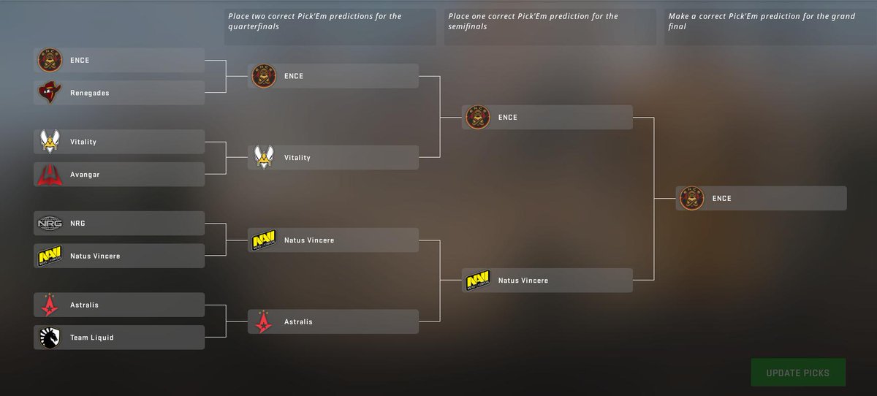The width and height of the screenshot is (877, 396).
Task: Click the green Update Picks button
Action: click(798, 372)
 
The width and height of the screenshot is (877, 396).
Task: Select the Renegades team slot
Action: click(119, 93)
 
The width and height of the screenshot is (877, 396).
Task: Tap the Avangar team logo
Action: click(50, 175)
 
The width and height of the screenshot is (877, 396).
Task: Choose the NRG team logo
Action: click(50, 224)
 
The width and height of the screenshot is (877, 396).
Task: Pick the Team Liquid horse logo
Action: click(50, 338)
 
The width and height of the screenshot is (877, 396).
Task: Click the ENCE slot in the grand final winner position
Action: click(761, 199)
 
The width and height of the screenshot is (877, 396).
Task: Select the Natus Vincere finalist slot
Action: click(547, 280)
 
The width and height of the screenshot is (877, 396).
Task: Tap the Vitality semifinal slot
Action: click(333, 157)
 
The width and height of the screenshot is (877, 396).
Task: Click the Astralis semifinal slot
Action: click(333, 321)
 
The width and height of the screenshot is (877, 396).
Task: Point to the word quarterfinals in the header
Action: click(254, 26)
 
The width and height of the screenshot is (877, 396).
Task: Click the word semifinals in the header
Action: click(468, 26)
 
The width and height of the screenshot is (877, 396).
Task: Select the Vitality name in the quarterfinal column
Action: click(297, 158)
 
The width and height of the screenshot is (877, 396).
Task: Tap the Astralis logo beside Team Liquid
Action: click(50, 305)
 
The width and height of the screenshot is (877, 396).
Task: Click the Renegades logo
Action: click(50, 92)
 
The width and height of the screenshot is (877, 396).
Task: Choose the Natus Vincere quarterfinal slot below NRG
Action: click(119, 256)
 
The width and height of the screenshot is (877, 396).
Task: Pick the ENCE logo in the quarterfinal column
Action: click(264, 76)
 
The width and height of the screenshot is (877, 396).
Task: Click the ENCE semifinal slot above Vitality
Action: click(333, 76)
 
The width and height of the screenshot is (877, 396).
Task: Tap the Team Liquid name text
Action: click(92, 338)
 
